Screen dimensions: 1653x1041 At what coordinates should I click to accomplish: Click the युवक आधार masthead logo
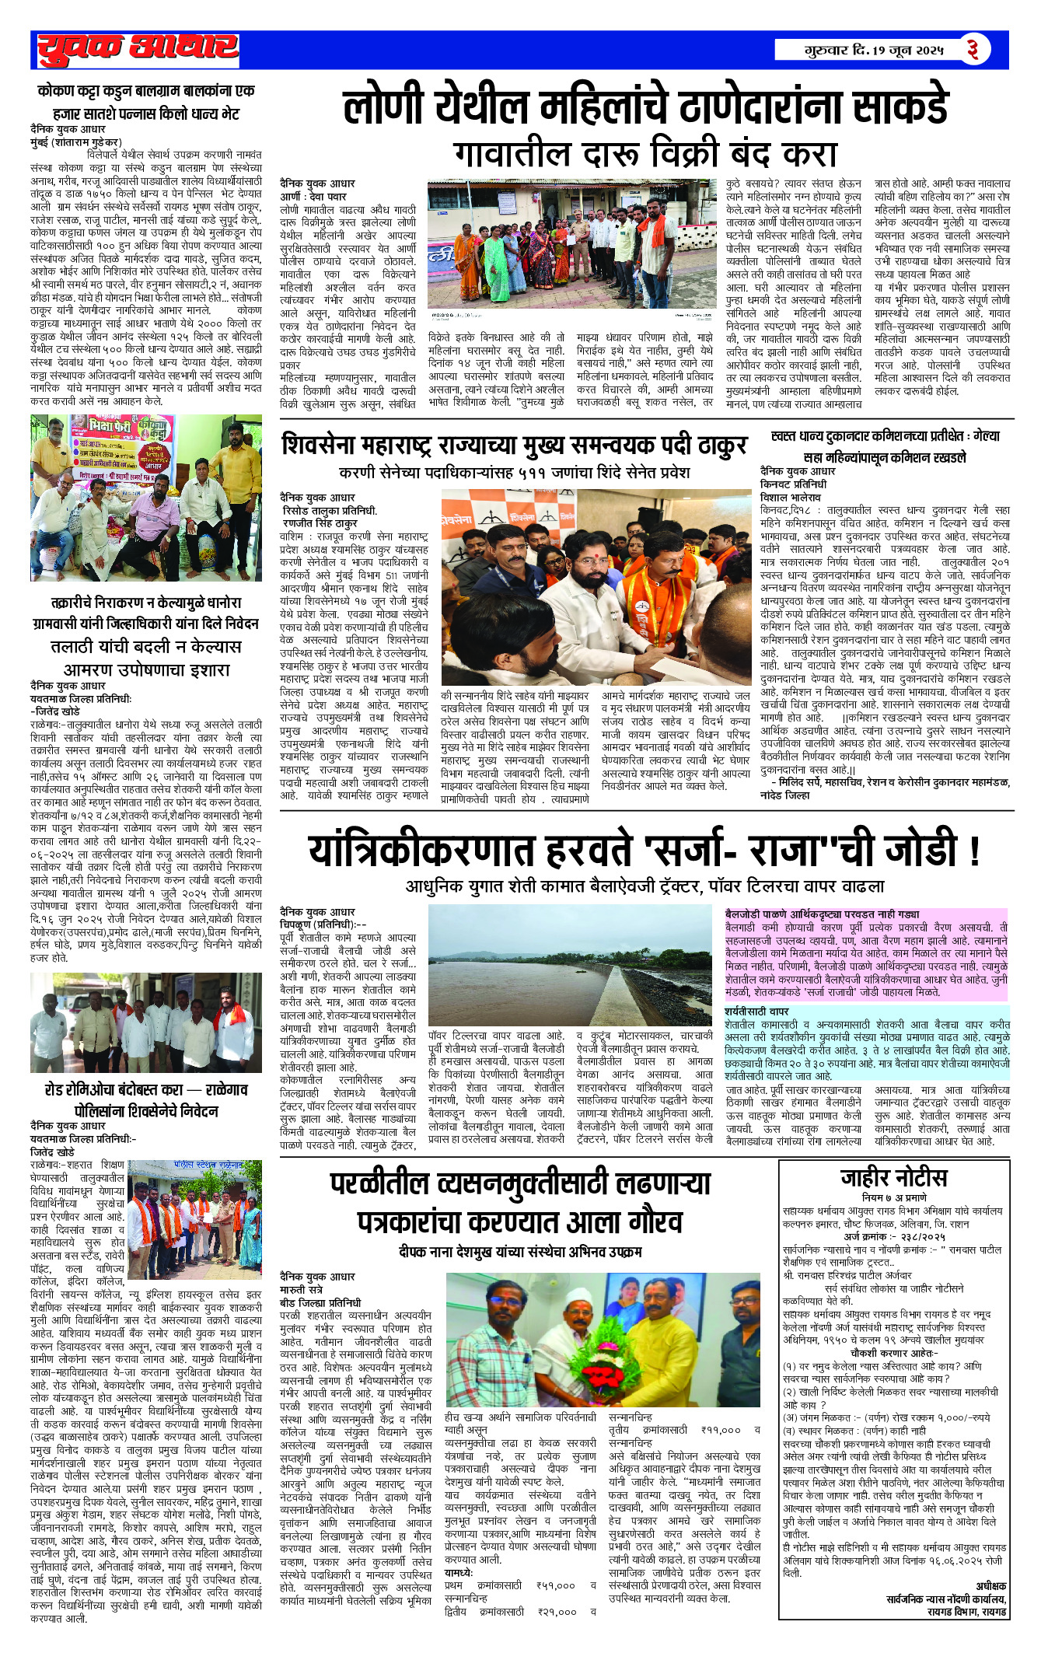coord(138,49)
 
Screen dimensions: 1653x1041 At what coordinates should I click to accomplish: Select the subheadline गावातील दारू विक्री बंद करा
coord(645,153)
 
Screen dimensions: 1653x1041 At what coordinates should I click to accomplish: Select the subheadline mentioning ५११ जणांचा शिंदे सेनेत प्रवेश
coord(514,473)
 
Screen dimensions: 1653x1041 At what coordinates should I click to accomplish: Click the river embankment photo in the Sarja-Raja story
coord(571,965)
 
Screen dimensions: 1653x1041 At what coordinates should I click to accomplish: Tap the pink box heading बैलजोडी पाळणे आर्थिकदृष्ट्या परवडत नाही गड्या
coord(822,914)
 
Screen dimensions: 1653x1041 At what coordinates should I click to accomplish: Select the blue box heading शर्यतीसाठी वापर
coord(756,1012)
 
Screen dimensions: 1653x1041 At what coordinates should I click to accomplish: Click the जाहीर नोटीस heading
coord(893,1178)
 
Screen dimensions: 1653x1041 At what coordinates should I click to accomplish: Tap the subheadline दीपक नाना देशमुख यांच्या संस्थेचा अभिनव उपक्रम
coord(519,1252)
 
